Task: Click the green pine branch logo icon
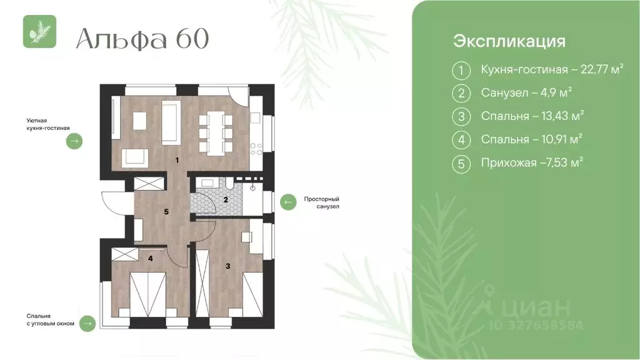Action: pyautogui.click(x=40, y=31)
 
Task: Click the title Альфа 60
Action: pyautogui.click(x=142, y=39)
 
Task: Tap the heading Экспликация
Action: pyautogui.click(x=509, y=41)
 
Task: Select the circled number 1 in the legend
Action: pyautogui.click(x=461, y=71)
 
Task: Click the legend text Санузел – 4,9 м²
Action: pyautogui.click(x=527, y=93)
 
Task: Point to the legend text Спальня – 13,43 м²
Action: pyautogui.click(x=532, y=116)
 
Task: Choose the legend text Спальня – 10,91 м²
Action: pyautogui.click(x=532, y=139)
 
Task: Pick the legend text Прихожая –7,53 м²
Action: pyautogui.click(x=532, y=162)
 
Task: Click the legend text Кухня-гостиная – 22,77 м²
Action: pyautogui.click(x=552, y=70)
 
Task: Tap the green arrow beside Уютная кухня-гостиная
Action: pyautogui.click(x=74, y=142)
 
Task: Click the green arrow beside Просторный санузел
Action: pyautogui.click(x=287, y=202)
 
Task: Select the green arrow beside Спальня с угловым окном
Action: pyautogui.click(x=87, y=323)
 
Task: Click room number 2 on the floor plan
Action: pyautogui.click(x=226, y=200)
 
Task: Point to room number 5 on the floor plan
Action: pyautogui.click(x=166, y=212)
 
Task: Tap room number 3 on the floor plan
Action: pyautogui.click(x=227, y=266)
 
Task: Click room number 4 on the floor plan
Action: pyautogui.click(x=150, y=256)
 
